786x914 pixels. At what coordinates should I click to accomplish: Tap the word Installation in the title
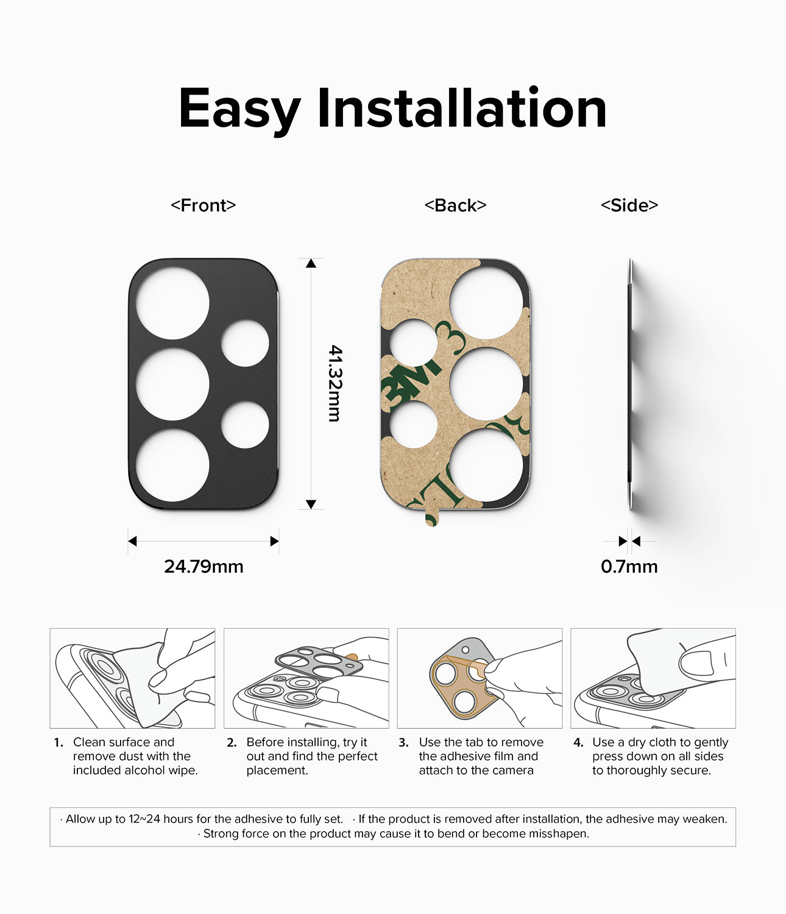pyautogui.click(x=462, y=108)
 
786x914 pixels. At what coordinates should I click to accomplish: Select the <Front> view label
pyautogui.click(x=203, y=205)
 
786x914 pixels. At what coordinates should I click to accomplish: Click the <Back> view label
pyautogui.click(x=455, y=205)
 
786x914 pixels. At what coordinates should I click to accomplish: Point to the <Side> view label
pyautogui.click(x=629, y=205)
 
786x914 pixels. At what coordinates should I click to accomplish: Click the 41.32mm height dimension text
pyautogui.click(x=335, y=383)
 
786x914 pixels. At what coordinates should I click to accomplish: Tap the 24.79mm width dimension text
pyautogui.click(x=204, y=567)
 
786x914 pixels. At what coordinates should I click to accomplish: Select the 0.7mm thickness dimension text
pyautogui.click(x=629, y=567)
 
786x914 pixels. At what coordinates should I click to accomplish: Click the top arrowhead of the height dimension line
pyautogui.click(x=311, y=263)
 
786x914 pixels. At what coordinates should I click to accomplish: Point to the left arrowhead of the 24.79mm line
pyautogui.click(x=132, y=541)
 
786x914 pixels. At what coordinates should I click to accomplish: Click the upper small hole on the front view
pyautogui.click(x=245, y=343)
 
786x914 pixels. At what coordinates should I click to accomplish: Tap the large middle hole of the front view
pyautogui.click(x=172, y=384)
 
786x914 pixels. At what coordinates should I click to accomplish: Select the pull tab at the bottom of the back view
pyautogui.click(x=431, y=518)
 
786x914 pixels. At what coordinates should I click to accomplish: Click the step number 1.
pyautogui.click(x=58, y=743)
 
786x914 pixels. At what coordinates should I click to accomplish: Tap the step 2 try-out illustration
pyautogui.click(x=306, y=678)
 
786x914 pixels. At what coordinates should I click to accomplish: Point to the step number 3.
pyautogui.click(x=403, y=743)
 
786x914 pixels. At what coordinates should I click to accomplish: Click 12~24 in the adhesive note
pyautogui.click(x=145, y=820)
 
